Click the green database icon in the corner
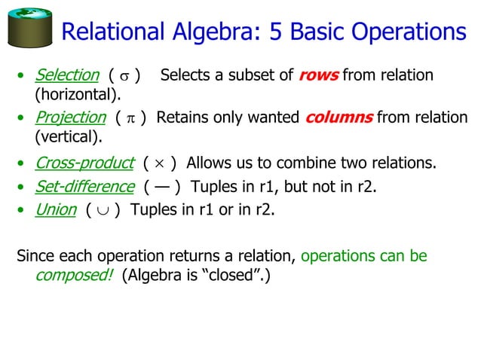click(x=29, y=28)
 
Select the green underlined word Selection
click(x=68, y=75)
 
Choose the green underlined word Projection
click(x=71, y=117)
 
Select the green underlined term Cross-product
click(x=84, y=163)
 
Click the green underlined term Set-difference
click(x=84, y=187)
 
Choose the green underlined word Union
click(x=56, y=209)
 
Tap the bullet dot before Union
click(x=22, y=210)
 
